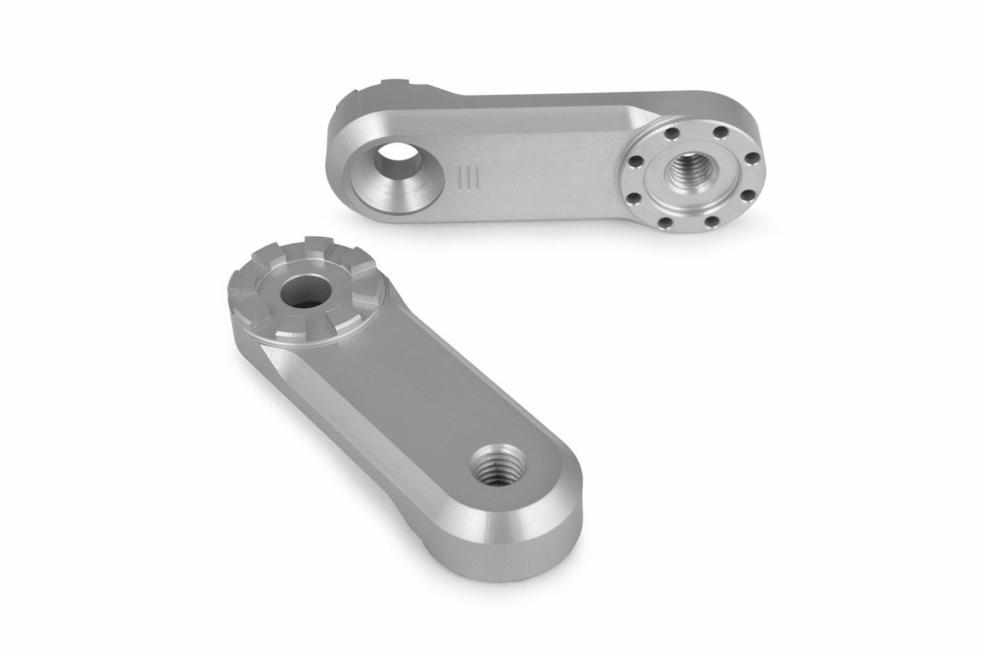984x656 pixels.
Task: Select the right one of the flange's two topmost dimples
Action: tap(712, 134)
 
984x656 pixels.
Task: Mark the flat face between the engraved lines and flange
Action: tap(545, 170)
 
